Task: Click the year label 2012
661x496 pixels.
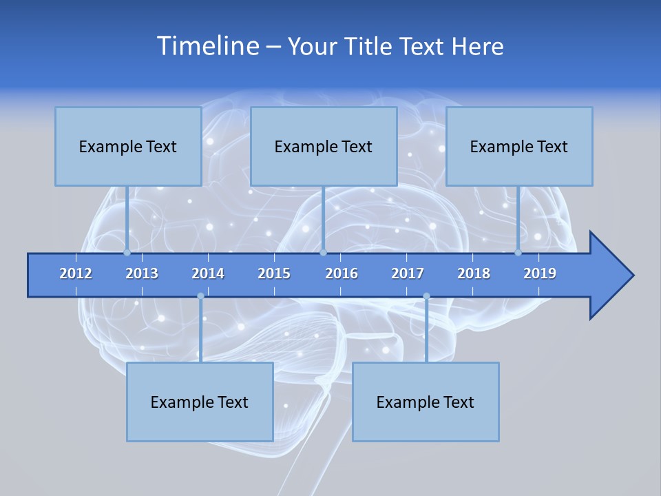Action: pos(76,273)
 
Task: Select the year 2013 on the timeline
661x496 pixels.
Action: pos(142,273)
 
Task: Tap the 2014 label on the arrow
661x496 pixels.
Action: pos(208,273)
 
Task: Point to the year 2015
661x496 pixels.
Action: pos(274,273)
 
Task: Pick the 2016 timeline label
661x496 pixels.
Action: pos(342,273)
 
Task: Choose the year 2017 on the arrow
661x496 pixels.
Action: pos(408,273)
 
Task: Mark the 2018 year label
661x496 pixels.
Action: pos(474,273)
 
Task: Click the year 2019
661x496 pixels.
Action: pos(540,273)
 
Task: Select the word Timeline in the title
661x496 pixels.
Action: pos(207,46)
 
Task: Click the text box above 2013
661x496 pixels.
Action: pos(128,146)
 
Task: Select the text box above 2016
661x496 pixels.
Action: pos(324,146)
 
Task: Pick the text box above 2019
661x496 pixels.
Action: pos(519,146)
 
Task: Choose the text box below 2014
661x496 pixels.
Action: pos(200,402)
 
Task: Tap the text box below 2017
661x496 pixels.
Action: pos(426,402)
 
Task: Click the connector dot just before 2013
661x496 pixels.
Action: pos(127,252)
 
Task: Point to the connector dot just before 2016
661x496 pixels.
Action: pos(323,252)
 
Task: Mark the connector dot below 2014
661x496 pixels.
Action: pos(200,296)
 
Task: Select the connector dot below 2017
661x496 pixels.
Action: pos(426,296)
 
